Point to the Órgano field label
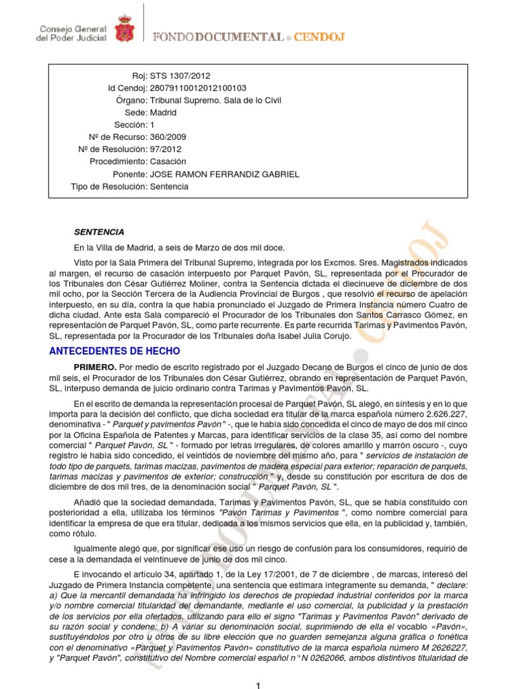(131, 100)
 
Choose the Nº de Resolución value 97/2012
(166, 149)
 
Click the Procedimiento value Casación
(168, 161)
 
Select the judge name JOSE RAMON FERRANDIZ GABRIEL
(225, 174)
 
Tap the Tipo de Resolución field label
(108, 186)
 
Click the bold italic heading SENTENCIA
(99, 232)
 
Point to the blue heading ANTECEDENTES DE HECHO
(115, 351)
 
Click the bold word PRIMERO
(95, 367)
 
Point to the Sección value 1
(152, 125)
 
